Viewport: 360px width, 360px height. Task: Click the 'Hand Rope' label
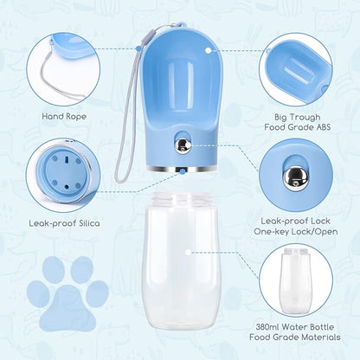click(x=64, y=117)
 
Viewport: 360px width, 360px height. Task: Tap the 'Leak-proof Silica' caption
click(x=64, y=223)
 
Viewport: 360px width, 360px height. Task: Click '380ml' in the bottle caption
click(x=267, y=327)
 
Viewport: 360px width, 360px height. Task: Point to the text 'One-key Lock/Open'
click(x=296, y=231)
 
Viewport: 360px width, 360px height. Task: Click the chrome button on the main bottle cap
click(x=182, y=143)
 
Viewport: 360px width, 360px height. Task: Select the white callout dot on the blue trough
click(x=209, y=50)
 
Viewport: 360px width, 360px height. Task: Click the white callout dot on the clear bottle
click(x=188, y=252)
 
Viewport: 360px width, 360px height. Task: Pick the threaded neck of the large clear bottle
click(x=182, y=199)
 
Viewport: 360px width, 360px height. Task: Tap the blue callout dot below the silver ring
click(x=183, y=172)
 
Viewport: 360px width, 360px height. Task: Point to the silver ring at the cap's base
click(x=182, y=169)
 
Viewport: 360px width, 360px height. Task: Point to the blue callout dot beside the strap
click(x=138, y=48)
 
